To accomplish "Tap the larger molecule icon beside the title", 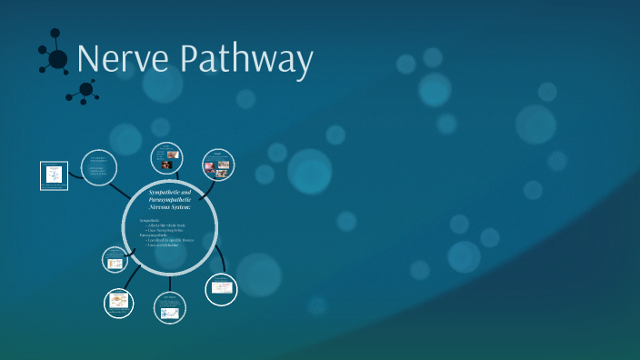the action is pyautogui.click(x=55, y=59).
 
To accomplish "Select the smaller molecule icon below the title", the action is pyautogui.click(x=86, y=89).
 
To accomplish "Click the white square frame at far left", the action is pyautogui.click(x=55, y=175).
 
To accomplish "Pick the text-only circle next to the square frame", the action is pyautogui.click(x=99, y=167).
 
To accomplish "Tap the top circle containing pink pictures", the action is pyautogui.click(x=217, y=165).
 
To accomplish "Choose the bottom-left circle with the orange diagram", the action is pyautogui.click(x=118, y=303).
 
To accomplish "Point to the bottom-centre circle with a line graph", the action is pyautogui.click(x=169, y=308).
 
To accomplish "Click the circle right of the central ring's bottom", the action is pyautogui.click(x=222, y=288).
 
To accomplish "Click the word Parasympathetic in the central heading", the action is pyautogui.click(x=170, y=200).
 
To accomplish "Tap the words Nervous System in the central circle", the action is pyautogui.click(x=170, y=207).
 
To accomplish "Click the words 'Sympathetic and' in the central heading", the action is pyautogui.click(x=170, y=192).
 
